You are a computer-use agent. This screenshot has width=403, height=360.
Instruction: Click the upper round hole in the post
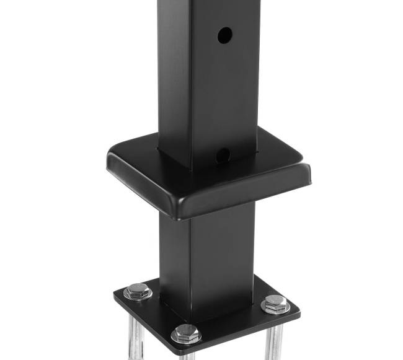click(x=224, y=35)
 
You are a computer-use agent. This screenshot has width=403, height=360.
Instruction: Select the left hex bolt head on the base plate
click(x=137, y=290)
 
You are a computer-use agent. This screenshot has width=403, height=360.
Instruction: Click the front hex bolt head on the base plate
click(x=185, y=333)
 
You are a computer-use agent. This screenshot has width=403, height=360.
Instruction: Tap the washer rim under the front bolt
click(x=185, y=341)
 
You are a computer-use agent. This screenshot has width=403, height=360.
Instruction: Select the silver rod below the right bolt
click(x=273, y=341)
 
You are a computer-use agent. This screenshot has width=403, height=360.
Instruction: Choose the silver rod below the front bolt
click(x=187, y=356)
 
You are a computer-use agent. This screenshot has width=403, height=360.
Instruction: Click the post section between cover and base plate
click(x=205, y=260)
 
